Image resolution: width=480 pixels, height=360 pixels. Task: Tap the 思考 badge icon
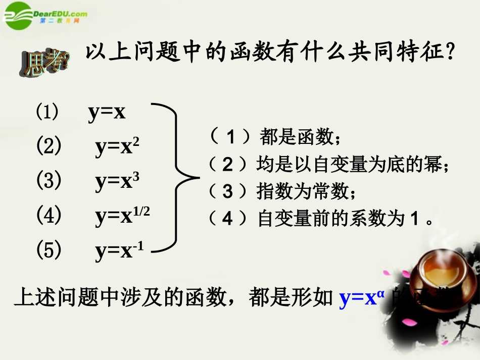point(45,66)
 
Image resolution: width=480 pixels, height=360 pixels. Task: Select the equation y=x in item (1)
point(107,113)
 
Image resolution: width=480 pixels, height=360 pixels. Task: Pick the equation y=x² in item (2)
point(117,147)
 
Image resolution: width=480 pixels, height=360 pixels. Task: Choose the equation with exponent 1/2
point(122,216)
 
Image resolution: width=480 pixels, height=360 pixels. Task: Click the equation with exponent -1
point(119,250)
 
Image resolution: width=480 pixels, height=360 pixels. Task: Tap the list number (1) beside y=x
point(47,112)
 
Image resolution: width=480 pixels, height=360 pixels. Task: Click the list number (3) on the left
point(49,181)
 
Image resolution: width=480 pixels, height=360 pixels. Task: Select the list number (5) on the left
point(49,250)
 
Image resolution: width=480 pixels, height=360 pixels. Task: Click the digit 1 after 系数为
point(414,219)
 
